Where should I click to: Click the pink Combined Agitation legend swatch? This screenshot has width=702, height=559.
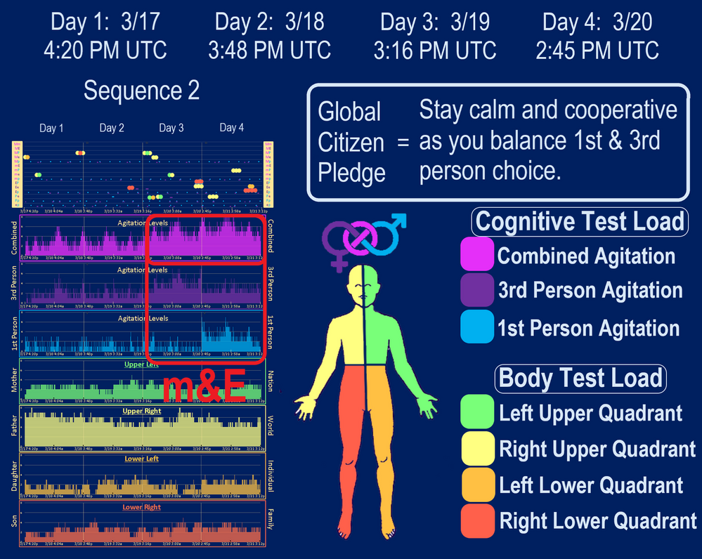pos(477,255)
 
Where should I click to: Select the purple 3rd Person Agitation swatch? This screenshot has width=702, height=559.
pos(477,291)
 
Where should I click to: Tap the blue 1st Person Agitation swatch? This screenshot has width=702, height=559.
pos(477,327)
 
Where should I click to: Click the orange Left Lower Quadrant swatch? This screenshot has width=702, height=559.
pos(477,485)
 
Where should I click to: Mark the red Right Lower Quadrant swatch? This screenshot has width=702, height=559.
pos(477,520)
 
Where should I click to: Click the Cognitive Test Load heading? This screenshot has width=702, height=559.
pos(580,221)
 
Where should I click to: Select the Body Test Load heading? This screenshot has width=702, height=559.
pos(580,378)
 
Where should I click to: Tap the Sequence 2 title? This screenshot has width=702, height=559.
pos(141,91)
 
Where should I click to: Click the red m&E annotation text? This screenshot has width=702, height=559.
pos(204,388)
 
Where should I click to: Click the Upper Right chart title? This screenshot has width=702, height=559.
pos(142,411)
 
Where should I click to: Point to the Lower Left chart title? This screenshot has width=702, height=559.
pos(142,459)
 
